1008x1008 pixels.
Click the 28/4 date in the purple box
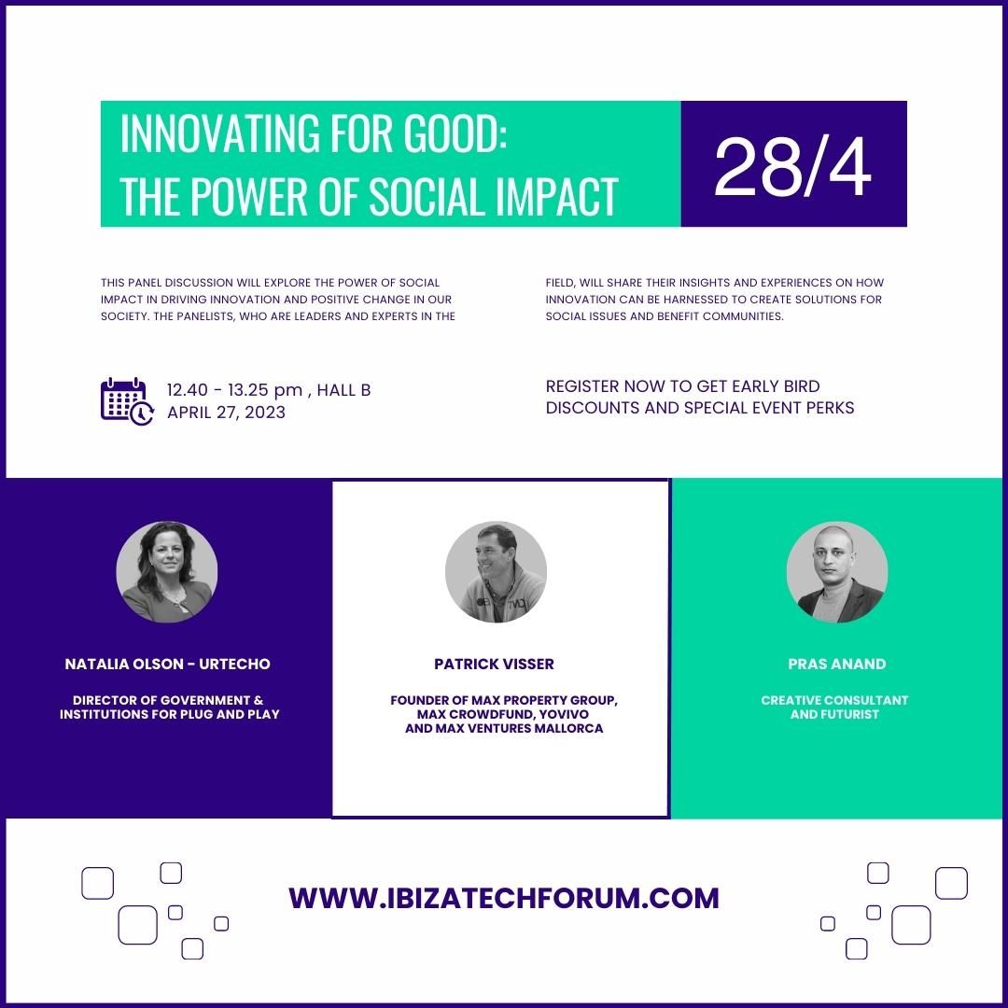[x=792, y=167]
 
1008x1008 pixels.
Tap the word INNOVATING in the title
[x=220, y=133]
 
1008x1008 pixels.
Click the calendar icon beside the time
[x=127, y=401]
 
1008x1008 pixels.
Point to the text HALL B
[x=343, y=390]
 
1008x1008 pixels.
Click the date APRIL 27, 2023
[x=226, y=413]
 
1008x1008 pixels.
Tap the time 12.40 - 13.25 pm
[x=234, y=390]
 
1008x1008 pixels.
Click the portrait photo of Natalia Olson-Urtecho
[x=166, y=571]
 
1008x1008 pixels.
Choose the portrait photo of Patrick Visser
[x=496, y=571]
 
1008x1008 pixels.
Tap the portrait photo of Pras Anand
[x=837, y=571]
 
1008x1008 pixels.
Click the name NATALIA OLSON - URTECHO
[x=168, y=665]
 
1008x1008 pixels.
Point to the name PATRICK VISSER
[x=494, y=665]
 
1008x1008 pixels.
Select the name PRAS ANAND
[x=837, y=665]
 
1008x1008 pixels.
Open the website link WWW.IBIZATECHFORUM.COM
[x=504, y=898]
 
